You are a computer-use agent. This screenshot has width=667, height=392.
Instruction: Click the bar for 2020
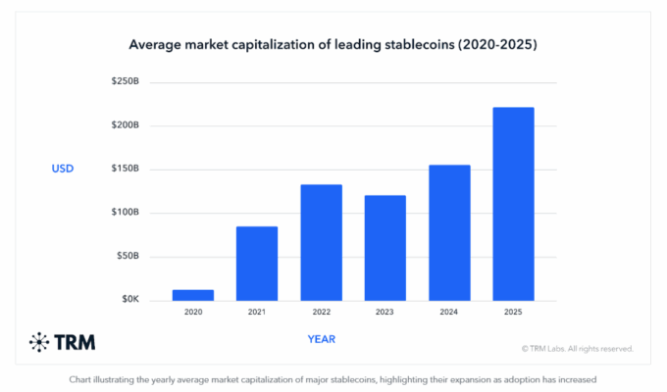[x=193, y=294]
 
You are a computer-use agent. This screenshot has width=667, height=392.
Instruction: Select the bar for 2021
[x=257, y=263]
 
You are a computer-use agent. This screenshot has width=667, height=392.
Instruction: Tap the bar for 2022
[x=321, y=241]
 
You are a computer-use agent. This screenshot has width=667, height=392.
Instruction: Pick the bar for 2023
[x=385, y=247]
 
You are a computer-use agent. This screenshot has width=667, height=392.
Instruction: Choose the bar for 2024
[x=449, y=231]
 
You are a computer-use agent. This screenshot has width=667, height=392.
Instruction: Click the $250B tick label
[x=125, y=82]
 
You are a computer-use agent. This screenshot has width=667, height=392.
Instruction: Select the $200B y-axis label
[x=125, y=125]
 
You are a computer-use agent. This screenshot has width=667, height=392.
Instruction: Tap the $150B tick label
[x=125, y=169]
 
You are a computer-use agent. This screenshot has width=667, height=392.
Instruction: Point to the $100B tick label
[x=125, y=212]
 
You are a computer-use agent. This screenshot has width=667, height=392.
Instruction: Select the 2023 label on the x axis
[x=385, y=312]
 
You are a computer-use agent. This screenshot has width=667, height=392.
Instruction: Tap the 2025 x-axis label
[x=513, y=312]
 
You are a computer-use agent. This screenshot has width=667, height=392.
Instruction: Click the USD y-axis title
[x=63, y=169]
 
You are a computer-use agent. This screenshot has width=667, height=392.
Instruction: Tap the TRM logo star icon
[x=38, y=342]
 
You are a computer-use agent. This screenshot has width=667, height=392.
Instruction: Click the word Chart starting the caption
[x=81, y=378]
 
